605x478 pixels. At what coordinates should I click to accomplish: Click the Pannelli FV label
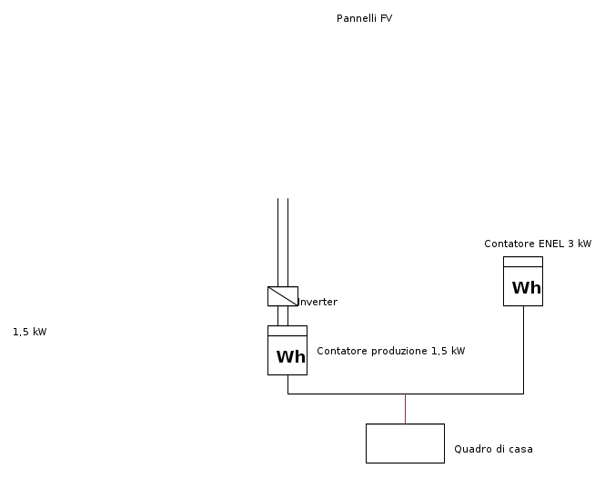coord(364,18)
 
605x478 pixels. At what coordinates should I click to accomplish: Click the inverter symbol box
coord(282,296)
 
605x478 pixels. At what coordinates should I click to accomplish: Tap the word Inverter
coord(318,302)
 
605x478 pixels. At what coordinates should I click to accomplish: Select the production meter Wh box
coord(287,351)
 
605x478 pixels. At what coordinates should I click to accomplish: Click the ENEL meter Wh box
coord(523,282)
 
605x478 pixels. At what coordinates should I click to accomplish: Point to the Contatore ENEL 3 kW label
coord(538,244)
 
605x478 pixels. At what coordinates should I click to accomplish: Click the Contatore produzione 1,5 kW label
coord(390,351)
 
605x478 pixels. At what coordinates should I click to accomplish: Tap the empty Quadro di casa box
coord(405,443)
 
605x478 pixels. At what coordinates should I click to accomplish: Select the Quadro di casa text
coord(493,449)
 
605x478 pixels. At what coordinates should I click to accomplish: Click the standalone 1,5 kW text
coord(29,332)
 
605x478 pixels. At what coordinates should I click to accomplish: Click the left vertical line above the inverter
coord(277,241)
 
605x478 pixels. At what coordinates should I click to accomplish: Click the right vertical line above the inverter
coord(287,241)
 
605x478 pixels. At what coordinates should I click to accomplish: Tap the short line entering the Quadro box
coord(405,409)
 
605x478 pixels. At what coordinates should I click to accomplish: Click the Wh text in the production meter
coord(290,357)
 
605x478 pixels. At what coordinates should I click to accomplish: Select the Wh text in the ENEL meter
coord(526,289)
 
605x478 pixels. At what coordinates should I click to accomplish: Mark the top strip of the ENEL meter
coord(523,262)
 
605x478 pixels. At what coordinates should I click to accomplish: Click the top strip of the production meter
coord(287,331)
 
